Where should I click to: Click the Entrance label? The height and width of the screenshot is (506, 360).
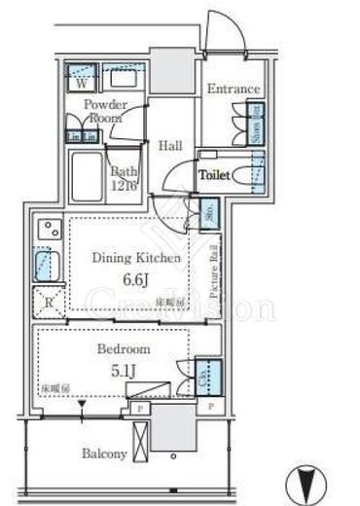233,90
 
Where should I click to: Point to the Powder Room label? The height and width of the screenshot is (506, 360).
102,109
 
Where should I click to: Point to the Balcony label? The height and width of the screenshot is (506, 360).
101,454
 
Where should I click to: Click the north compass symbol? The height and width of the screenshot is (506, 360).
306,481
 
